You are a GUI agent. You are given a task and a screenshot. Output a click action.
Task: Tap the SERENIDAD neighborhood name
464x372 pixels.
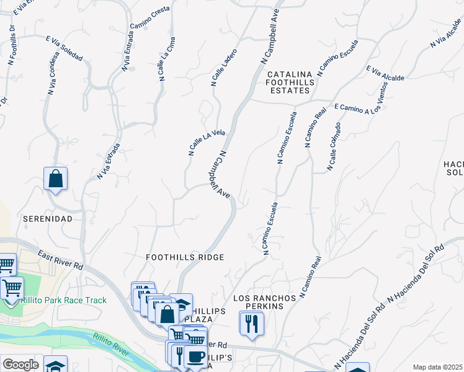tap(48, 219)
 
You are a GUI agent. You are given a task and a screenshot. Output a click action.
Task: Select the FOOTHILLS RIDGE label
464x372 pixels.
tap(184, 257)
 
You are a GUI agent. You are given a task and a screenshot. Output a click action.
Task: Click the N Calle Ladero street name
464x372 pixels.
tap(224, 66)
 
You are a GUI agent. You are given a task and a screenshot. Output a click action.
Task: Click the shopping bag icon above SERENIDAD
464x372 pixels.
tap(55, 179)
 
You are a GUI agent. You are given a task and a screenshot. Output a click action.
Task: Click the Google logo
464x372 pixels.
tap(20, 365)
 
